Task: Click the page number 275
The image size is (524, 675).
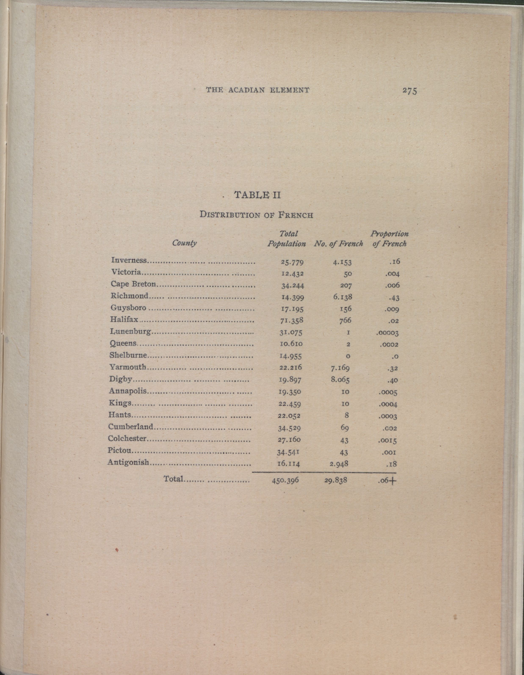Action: [x=409, y=91]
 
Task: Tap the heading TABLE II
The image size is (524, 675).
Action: [x=257, y=195]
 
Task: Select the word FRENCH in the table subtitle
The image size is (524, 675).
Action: [x=296, y=215]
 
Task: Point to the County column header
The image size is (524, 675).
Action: [x=184, y=243]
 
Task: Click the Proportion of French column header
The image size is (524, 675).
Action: [x=389, y=239]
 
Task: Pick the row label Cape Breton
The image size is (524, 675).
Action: [x=133, y=284]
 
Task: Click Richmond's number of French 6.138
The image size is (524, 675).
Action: [x=342, y=297]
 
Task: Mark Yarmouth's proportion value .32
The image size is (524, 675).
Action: [x=393, y=368]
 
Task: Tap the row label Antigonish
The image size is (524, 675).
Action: [x=128, y=462]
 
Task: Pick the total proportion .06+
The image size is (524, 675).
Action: [x=387, y=481]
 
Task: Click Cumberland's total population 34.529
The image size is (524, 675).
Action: [x=289, y=428]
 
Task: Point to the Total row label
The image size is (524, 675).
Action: [x=174, y=479]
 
